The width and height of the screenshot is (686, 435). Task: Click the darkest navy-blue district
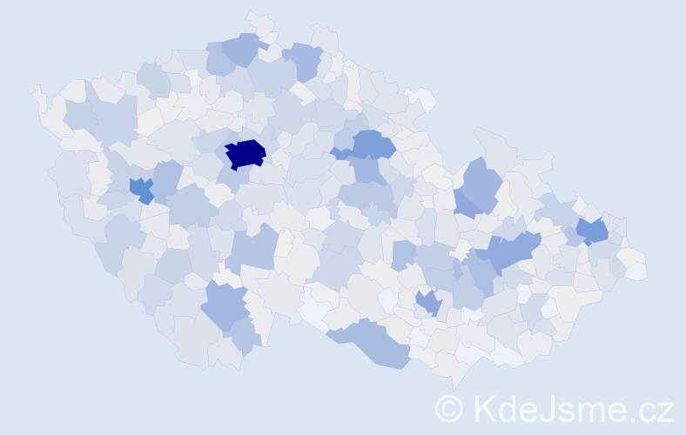pos(245,153)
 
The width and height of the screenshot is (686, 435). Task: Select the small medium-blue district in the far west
pos(140,188)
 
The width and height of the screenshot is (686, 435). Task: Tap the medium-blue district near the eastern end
pos(593,231)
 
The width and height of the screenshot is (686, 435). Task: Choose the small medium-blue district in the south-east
pos(427,302)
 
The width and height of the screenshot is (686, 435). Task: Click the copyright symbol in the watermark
pos(449,408)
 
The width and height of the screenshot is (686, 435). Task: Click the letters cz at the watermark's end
pos(658,410)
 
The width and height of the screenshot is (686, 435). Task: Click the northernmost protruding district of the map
pos(259,21)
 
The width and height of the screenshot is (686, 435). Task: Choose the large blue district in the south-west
pos(225,305)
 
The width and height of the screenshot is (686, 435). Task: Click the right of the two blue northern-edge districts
pos(303,60)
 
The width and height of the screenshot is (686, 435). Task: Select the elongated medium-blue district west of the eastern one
pos(510,253)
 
